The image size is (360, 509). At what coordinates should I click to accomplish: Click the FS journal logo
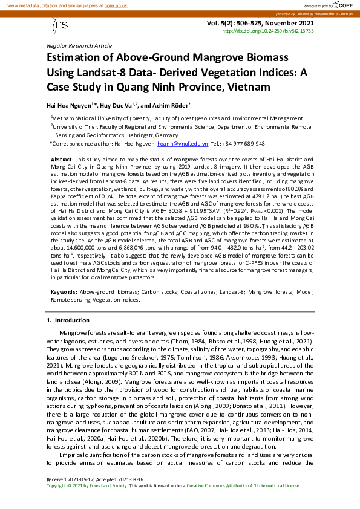[61, 25]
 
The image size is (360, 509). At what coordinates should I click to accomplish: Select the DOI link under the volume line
[268, 30]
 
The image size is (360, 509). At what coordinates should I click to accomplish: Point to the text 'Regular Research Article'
[79, 46]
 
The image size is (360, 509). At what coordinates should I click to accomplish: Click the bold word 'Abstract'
[61, 158]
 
